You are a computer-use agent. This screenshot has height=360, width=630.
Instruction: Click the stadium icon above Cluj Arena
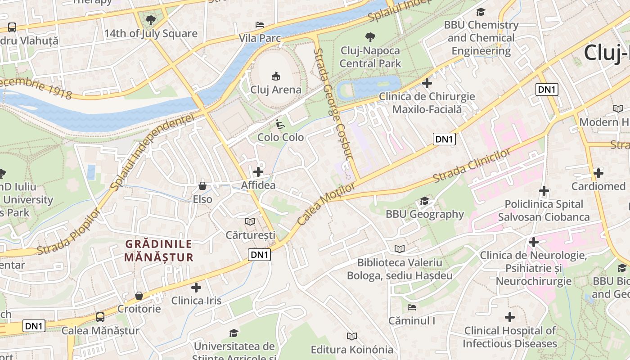(x=276, y=76)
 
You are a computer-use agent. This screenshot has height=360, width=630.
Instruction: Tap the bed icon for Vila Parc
(x=260, y=24)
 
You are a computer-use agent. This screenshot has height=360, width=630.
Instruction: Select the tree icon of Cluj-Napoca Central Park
(x=370, y=37)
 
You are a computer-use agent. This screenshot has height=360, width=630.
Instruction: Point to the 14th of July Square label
(x=151, y=34)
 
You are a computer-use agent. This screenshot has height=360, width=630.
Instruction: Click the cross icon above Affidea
(x=258, y=171)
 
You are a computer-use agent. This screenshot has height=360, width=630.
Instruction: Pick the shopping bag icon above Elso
(x=202, y=185)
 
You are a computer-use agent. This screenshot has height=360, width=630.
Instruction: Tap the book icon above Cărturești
(x=250, y=221)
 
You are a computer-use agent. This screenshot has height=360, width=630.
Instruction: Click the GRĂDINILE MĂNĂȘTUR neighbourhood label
(x=159, y=251)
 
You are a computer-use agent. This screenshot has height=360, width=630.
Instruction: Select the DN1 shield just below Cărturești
(x=260, y=255)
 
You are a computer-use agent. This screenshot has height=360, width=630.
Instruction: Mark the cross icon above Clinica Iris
(x=196, y=287)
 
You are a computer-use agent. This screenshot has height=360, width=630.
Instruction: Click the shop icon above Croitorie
(x=139, y=296)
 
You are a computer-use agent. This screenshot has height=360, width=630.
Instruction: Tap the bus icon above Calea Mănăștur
(x=100, y=317)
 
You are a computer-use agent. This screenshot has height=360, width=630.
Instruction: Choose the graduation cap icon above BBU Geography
(x=424, y=201)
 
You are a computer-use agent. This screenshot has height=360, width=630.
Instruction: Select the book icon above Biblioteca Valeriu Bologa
(x=399, y=249)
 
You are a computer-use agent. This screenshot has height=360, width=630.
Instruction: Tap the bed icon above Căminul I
(x=412, y=308)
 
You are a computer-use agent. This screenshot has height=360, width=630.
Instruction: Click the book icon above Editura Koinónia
(x=352, y=336)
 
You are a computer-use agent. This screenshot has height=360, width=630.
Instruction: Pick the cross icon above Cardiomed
(x=598, y=173)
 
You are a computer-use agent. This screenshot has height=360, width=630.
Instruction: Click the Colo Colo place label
(x=280, y=137)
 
